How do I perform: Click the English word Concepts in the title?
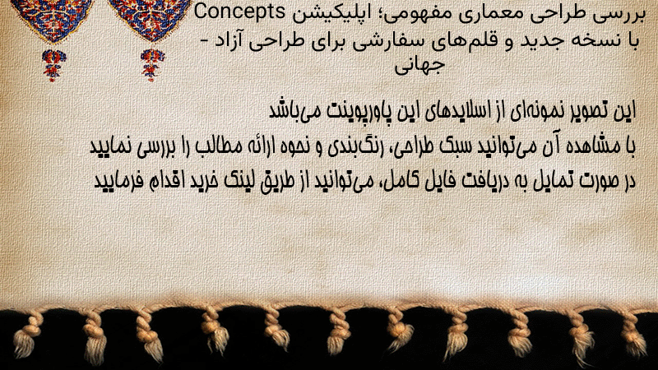click(239, 12)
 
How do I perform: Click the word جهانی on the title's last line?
click(419, 66)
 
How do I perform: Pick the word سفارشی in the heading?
click(381, 41)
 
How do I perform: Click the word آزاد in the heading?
click(231, 40)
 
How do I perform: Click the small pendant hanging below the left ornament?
click(53, 65)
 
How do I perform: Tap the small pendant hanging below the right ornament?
click(152, 65)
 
